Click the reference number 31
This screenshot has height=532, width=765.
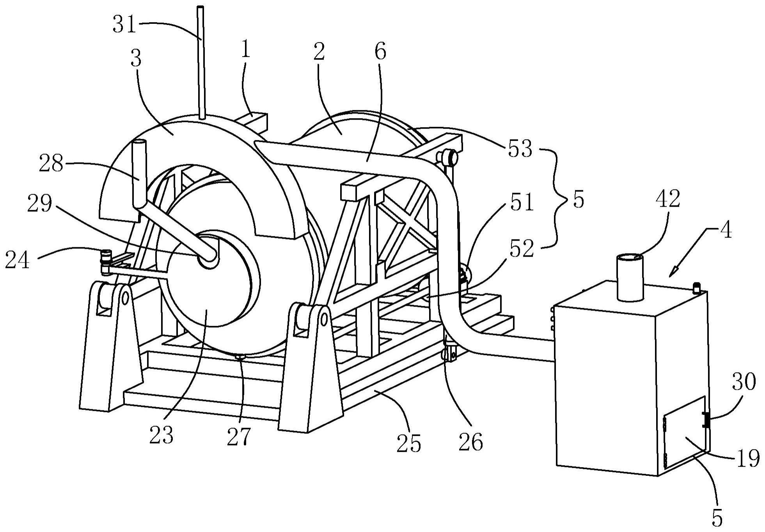pyautogui.click(x=124, y=25)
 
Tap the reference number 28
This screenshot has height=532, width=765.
pyautogui.click(x=51, y=165)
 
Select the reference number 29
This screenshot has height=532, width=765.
pyautogui.click(x=39, y=204)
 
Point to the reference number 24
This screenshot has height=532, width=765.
pyautogui.click(x=17, y=260)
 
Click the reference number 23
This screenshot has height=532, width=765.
pyautogui.click(x=161, y=435)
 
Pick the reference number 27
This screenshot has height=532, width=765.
pyautogui.click(x=238, y=436)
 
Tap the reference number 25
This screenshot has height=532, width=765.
pyautogui.click(x=409, y=443)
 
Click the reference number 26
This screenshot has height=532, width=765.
pyautogui.click(x=471, y=442)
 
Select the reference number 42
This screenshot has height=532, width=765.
pyautogui.click(x=667, y=199)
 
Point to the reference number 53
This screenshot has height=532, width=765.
pyautogui.click(x=520, y=149)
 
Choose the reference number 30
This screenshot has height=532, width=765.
pyautogui.click(x=744, y=382)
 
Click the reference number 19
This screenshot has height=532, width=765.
pyautogui.click(x=748, y=458)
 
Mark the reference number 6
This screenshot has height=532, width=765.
pyautogui.click(x=380, y=51)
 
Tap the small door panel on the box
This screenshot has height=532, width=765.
pyautogui.click(x=685, y=432)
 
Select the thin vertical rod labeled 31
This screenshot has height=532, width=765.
pyautogui.click(x=201, y=62)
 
